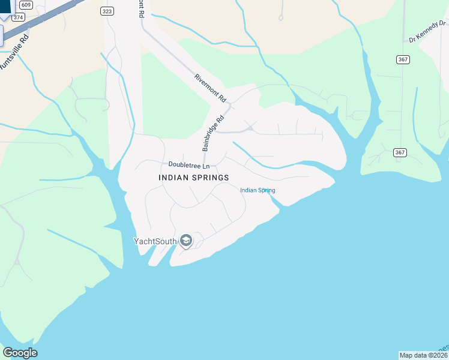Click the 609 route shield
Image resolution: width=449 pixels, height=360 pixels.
[25, 5]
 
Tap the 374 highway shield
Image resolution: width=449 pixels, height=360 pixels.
[18, 17]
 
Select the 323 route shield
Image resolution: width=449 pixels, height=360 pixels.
[107, 11]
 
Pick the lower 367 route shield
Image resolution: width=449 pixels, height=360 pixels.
[400, 152]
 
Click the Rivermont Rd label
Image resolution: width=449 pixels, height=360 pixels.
[210, 88]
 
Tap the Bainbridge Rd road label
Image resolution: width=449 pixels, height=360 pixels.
[213, 133]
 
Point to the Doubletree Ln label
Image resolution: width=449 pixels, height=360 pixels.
[189, 165]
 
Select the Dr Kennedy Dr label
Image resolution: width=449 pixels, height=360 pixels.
[428, 32]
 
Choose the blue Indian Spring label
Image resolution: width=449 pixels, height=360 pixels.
[258, 190]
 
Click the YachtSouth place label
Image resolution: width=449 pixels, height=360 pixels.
[155, 241]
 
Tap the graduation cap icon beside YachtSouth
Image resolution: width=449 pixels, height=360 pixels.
[185, 241]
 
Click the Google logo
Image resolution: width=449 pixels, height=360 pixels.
[20, 353]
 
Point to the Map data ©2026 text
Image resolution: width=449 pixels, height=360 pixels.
[423, 355]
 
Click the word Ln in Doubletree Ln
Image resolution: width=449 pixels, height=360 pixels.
[206, 165]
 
